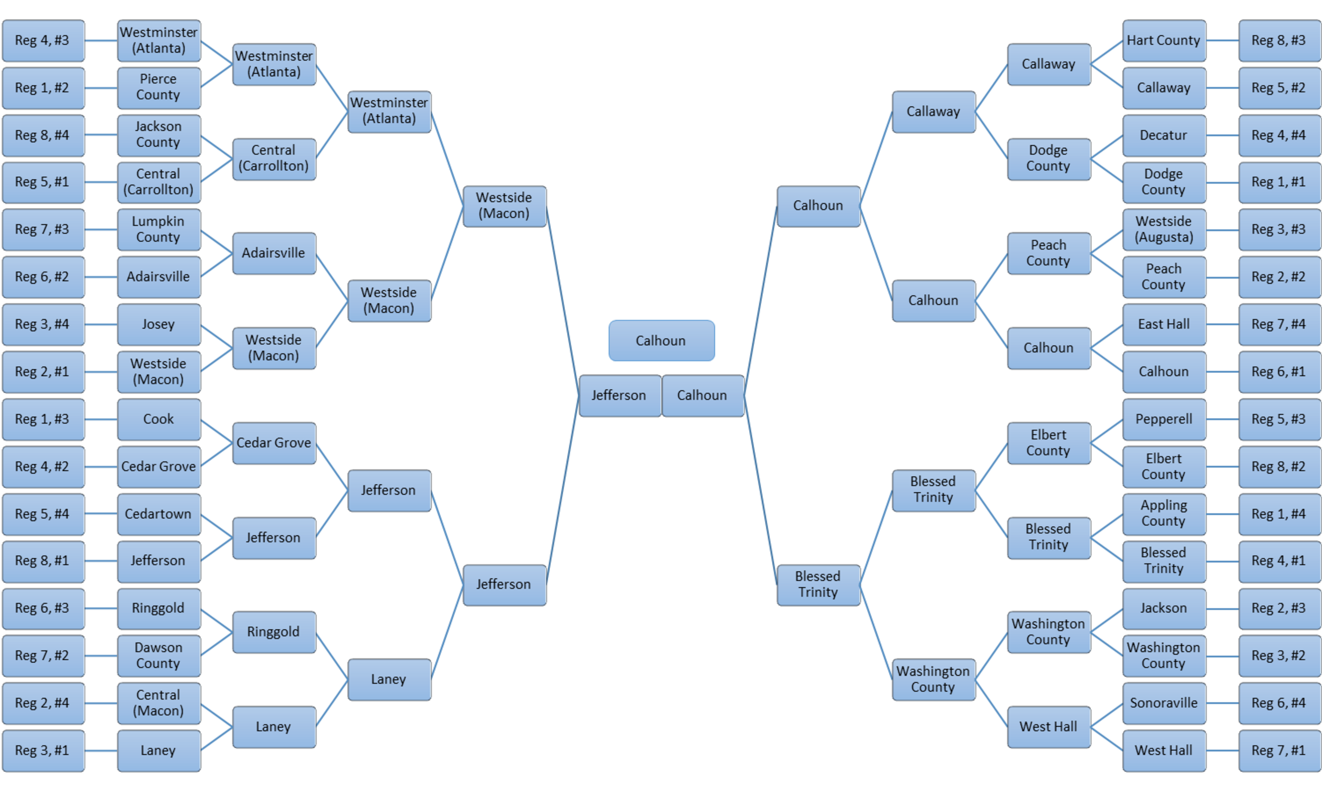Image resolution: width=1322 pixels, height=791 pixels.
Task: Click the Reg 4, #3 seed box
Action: coord(43,41)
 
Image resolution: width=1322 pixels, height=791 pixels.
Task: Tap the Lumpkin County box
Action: coord(158,230)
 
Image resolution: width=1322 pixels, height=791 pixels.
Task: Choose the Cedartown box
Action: coord(158,514)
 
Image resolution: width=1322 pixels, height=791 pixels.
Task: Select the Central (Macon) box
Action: coord(158,703)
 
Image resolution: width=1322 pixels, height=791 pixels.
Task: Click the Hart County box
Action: coord(1163,41)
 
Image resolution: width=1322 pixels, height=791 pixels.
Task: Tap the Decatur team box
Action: coord(1163,135)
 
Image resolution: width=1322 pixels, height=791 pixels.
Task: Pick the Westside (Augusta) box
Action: coord(1163,230)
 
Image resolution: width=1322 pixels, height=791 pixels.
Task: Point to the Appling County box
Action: coord(1163,514)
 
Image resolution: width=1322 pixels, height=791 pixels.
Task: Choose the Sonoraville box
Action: coord(1163,703)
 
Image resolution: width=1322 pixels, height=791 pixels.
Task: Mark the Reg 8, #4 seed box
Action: coord(43,135)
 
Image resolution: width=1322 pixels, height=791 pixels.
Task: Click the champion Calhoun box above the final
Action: coord(661,341)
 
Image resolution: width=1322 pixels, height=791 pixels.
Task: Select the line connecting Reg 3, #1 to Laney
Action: coord(101,750)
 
